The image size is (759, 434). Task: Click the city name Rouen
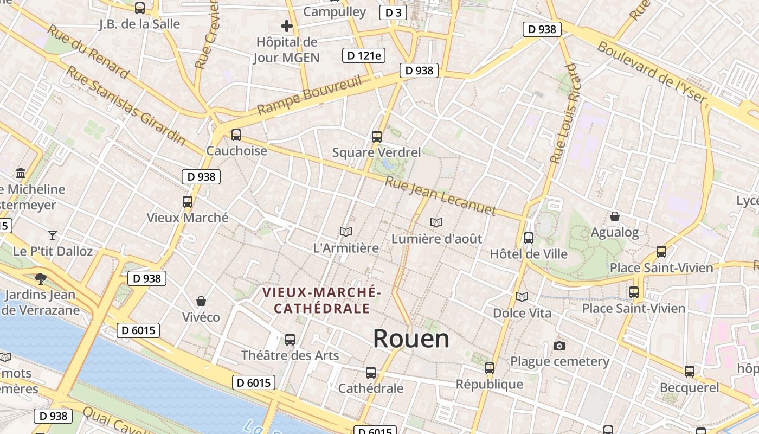[x=411, y=339]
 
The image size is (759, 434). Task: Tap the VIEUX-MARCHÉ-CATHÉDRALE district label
[x=322, y=301]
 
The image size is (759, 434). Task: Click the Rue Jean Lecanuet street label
[x=440, y=195]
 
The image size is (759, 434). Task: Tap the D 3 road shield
[x=393, y=12]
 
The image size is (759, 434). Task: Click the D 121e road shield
[x=364, y=55]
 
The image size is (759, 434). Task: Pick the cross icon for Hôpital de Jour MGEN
[x=287, y=25]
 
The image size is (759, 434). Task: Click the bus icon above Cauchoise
[x=236, y=135]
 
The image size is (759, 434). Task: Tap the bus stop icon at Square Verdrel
[x=377, y=137]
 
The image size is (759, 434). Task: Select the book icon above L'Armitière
[x=346, y=232]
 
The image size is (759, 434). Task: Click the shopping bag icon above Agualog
[x=615, y=216]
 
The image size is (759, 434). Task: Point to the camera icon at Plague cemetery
[x=559, y=346]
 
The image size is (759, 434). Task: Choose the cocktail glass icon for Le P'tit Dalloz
[x=53, y=235]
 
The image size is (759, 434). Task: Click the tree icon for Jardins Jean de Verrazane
[x=40, y=279]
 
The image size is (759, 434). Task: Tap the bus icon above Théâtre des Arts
[x=290, y=340]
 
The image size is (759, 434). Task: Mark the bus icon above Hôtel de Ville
[x=528, y=238]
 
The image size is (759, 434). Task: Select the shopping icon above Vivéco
[x=201, y=301]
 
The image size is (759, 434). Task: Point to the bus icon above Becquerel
[x=690, y=372]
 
